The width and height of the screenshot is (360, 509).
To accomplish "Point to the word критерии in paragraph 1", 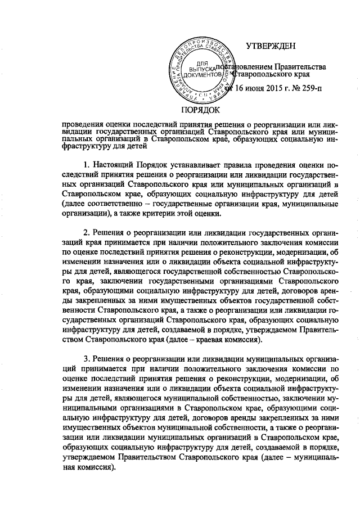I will [x=170, y=213].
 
